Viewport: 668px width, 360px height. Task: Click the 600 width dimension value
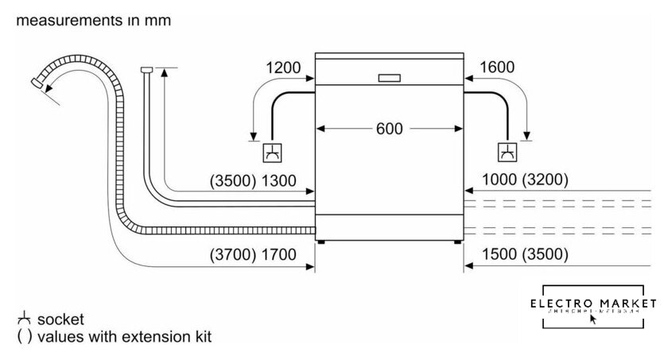coord(390,128)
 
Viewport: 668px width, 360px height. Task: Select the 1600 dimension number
coord(497,68)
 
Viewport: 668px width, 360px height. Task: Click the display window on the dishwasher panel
coord(390,78)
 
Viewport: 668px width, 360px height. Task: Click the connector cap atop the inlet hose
coord(146,71)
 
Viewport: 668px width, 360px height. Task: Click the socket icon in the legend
coord(21,319)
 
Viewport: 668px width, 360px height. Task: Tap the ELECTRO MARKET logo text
coord(596,303)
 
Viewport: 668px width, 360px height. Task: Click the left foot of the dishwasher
coord(320,240)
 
